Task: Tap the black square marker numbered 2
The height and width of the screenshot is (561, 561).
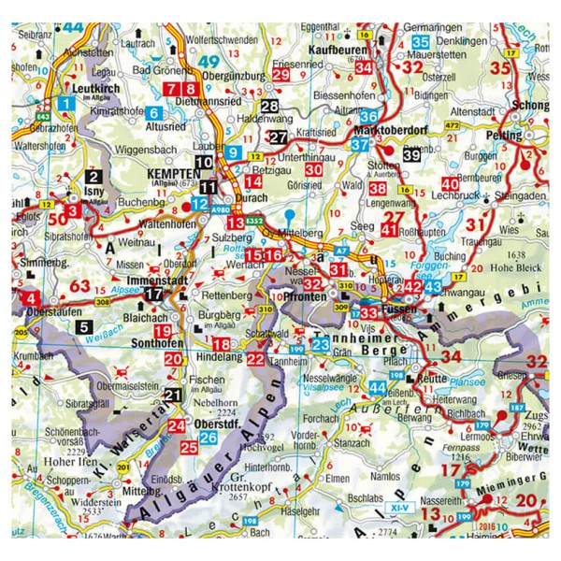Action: (x=93, y=175)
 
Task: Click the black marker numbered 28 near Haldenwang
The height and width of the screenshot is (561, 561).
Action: (x=270, y=107)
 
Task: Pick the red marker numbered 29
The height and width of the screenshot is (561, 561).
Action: (x=281, y=76)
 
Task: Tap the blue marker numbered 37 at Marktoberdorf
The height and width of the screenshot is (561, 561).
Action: (x=359, y=145)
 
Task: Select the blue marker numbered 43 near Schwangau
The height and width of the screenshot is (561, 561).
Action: (x=433, y=286)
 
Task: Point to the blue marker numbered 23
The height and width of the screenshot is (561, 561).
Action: (x=320, y=346)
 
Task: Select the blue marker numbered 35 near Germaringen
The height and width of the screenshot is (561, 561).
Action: (x=421, y=41)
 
